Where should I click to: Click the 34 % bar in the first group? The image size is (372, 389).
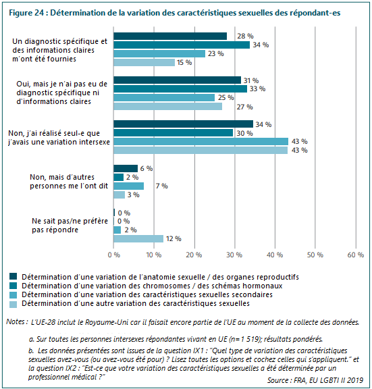click(x=182, y=45)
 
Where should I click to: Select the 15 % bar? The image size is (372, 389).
click(x=144, y=63)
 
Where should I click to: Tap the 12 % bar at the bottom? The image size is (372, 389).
click(x=138, y=238)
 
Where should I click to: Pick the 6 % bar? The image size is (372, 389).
click(x=126, y=168)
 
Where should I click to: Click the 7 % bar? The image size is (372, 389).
click(x=128, y=186)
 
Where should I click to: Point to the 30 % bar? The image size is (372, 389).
click(x=174, y=133)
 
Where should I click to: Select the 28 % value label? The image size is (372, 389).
click(x=245, y=36)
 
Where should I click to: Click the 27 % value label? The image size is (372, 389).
click(x=244, y=107)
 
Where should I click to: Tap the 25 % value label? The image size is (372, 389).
click(x=225, y=97)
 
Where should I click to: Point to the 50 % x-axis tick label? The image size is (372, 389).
click(x=315, y=255)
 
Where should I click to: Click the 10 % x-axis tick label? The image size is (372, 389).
click(x=154, y=255)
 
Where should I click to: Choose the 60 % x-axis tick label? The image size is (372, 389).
click(x=356, y=255)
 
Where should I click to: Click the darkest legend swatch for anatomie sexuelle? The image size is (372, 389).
click(x=13, y=276)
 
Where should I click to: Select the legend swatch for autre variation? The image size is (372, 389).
click(x=13, y=305)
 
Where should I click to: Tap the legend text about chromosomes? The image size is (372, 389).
click(x=152, y=286)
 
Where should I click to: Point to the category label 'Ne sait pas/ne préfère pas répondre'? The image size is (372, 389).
click(x=70, y=226)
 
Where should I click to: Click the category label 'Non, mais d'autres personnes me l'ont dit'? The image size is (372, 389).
click(x=69, y=182)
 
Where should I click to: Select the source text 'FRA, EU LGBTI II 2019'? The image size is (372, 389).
click(x=328, y=380)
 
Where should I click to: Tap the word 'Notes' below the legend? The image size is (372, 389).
click(x=16, y=321)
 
